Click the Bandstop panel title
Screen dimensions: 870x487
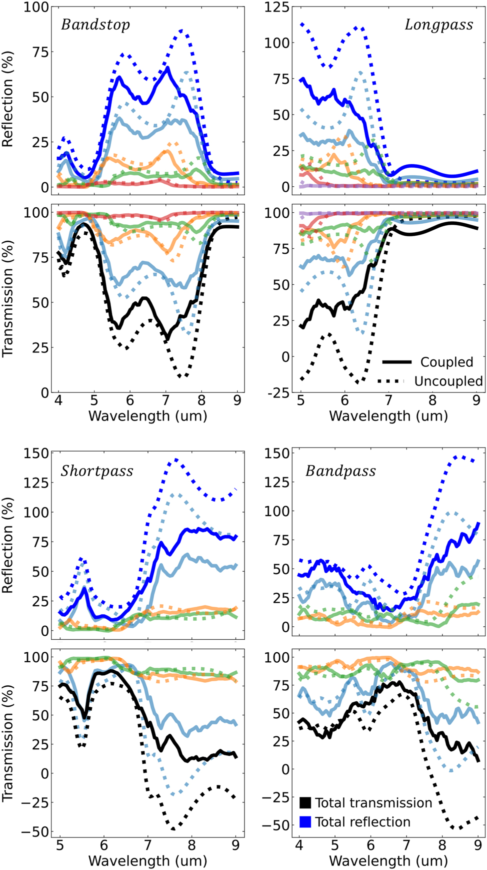[95, 25]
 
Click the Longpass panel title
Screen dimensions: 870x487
[438, 25]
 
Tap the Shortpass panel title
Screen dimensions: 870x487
[97, 471]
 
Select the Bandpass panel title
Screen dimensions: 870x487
[340, 471]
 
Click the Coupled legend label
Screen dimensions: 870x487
[446, 362]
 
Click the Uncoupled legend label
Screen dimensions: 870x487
[448, 381]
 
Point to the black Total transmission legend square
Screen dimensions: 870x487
[305, 802]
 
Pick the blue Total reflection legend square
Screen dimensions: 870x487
[305, 821]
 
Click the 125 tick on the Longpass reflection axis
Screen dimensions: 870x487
[276, 7]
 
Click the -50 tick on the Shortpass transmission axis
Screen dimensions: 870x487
[36, 832]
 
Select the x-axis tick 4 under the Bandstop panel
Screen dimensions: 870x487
[58, 401]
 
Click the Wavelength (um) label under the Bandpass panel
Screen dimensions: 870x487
[388, 860]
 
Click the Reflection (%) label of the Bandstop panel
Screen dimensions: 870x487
[8, 99]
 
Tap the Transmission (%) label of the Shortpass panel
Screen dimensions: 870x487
[8, 742]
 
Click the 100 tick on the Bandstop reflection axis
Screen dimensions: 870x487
[36, 7]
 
